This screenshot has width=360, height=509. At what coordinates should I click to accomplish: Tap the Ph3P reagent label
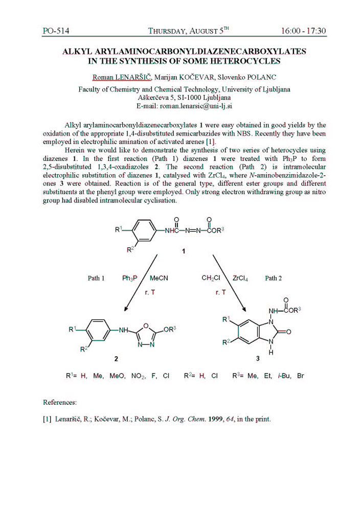tap(130, 279)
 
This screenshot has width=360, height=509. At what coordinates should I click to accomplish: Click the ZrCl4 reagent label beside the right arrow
tap(240, 279)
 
